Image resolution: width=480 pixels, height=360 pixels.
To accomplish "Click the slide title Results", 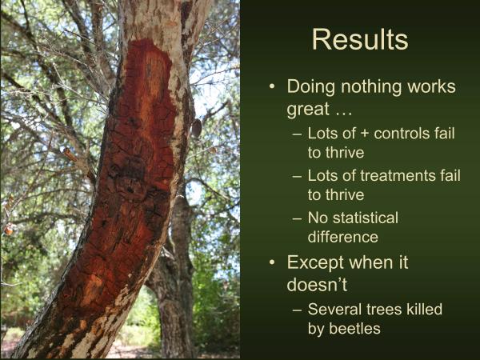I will tap(359, 39).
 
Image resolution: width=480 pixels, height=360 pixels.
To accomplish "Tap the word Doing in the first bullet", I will tap(311, 86).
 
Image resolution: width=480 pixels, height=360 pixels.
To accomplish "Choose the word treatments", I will tap(386, 176).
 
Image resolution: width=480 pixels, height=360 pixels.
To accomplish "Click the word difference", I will tap(342, 237).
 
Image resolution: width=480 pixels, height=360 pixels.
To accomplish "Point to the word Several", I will tap(334, 309).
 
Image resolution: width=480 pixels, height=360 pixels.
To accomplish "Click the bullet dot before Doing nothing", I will tap(273, 87).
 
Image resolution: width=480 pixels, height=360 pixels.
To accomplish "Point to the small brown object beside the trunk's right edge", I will tap(196, 128).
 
